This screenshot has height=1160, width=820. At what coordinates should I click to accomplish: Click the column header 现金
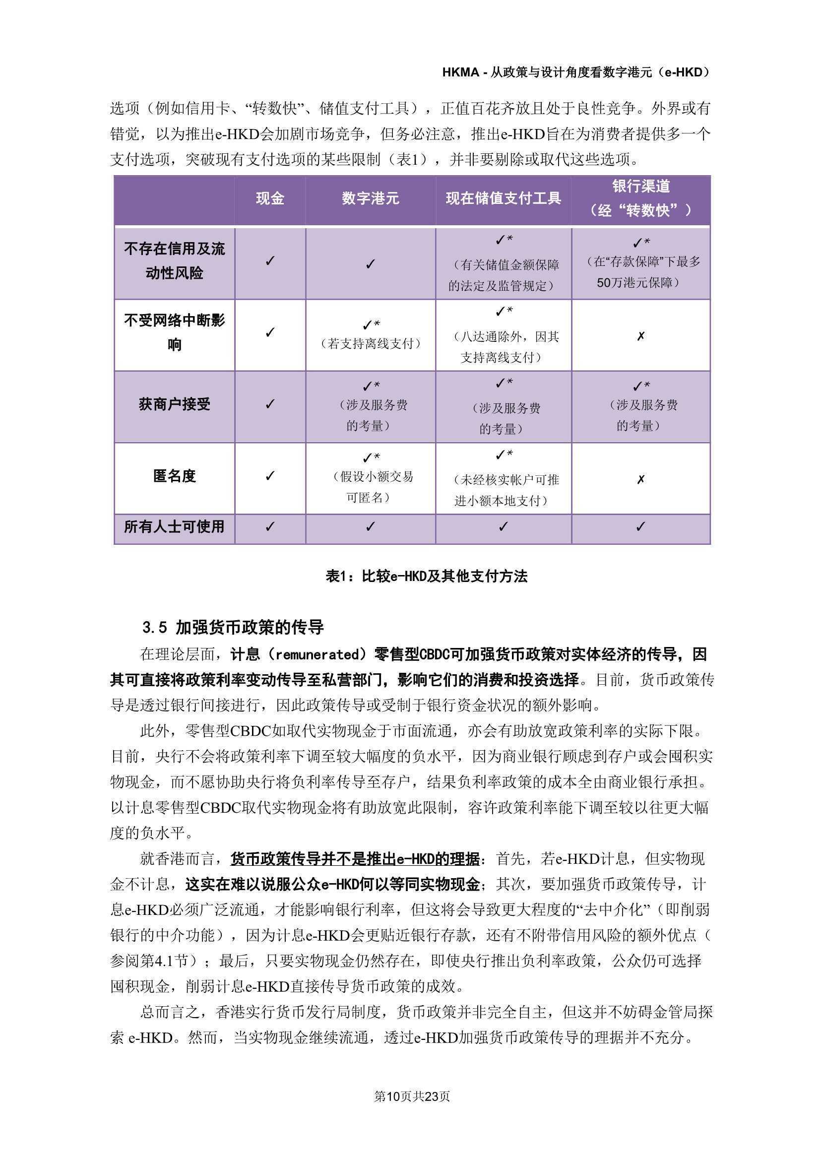click(270, 198)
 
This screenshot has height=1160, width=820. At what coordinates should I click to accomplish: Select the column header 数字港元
click(371, 198)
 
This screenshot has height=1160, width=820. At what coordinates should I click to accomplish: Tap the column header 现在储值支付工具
click(503, 198)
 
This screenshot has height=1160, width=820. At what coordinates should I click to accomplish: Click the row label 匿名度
click(174, 476)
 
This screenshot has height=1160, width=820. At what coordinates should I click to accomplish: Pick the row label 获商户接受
click(174, 404)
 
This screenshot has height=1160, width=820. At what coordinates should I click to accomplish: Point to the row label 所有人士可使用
click(174, 526)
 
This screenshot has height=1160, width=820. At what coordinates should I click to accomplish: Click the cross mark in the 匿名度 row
click(640, 479)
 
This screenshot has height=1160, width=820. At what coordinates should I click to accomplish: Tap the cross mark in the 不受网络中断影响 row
click(640, 336)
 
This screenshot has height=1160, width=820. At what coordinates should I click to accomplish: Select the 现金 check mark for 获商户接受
click(270, 404)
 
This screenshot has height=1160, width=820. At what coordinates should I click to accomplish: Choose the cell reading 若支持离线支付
click(371, 343)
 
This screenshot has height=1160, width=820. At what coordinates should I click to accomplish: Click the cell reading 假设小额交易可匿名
click(371, 487)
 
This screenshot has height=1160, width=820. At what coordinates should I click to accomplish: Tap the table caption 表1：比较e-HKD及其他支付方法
click(427, 576)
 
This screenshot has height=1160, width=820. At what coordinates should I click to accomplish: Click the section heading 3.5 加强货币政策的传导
click(233, 628)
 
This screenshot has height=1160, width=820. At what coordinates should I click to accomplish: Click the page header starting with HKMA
click(576, 73)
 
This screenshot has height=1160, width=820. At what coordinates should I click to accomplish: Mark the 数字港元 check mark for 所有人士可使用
click(371, 526)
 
